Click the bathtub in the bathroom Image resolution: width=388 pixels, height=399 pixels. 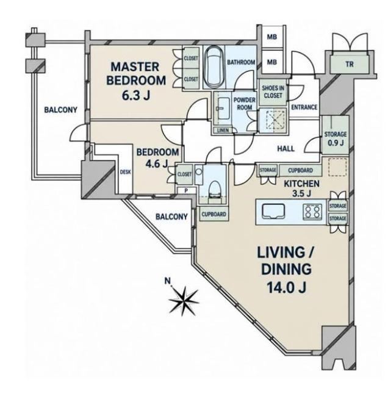(x=214, y=66)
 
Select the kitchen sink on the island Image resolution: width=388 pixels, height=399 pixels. (x=273, y=211)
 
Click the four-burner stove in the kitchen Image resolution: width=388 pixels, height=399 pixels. (x=312, y=212)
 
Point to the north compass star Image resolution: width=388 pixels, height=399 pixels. (x=184, y=300)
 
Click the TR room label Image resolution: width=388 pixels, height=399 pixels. (x=350, y=65)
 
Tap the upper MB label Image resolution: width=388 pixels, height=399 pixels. (x=271, y=37)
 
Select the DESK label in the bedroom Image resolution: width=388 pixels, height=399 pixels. (x=126, y=172)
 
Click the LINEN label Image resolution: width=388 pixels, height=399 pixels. (x=223, y=131)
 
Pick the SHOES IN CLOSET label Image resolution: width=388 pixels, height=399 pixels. (x=273, y=92)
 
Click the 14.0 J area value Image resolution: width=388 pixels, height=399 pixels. (x=286, y=287)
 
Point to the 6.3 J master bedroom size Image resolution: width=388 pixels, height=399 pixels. (x=135, y=95)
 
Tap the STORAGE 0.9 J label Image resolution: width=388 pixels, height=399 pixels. (x=336, y=138)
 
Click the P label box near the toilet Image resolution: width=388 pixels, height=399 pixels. (x=186, y=190)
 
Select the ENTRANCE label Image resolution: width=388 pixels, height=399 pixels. (x=304, y=107)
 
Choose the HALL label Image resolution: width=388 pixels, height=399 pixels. (x=286, y=149)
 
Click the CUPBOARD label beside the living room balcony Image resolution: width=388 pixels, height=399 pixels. (x=214, y=214)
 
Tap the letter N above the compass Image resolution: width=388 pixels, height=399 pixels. (x=167, y=281)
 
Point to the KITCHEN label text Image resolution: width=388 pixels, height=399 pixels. (x=301, y=184)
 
